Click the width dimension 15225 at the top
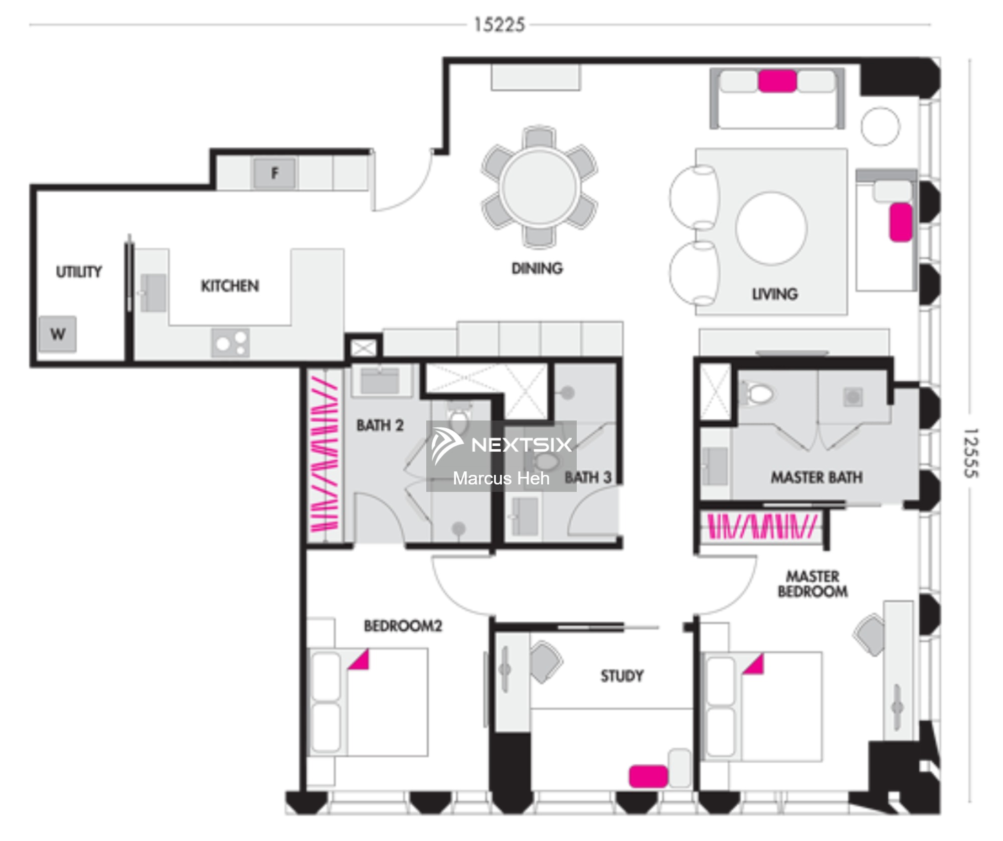tap(499, 25)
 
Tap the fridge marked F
tap(275, 173)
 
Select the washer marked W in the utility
tap(58, 333)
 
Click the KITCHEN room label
tap(230, 286)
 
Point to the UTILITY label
tap(79, 271)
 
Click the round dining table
tap(540, 187)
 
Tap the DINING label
tap(537, 268)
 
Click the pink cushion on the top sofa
tap(777, 81)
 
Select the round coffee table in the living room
tap(771, 228)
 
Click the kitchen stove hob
tap(231, 343)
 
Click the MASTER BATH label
tap(817, 477)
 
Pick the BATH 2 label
tap(380, 425)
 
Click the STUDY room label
tap(622, 676)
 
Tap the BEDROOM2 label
tap(403, 625)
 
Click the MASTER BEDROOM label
tap(813, 584)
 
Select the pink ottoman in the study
tap(648, 776)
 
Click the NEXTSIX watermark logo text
tap(522, 444)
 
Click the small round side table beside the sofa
tap(880, 126)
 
